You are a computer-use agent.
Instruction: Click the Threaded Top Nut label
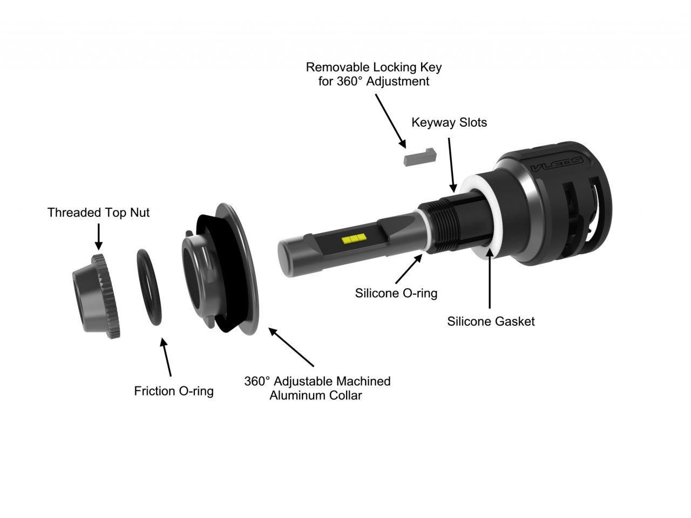(98, 213)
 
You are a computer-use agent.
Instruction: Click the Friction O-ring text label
(174, 391)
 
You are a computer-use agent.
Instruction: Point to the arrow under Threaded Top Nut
(98, 236)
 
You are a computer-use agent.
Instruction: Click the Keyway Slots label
(449, 122)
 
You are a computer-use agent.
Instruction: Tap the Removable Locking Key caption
(374, 74)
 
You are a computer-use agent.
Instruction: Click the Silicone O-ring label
(396, 293)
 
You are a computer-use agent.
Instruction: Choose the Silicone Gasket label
(491, 321)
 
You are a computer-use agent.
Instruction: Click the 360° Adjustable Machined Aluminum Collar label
(317, 388)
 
